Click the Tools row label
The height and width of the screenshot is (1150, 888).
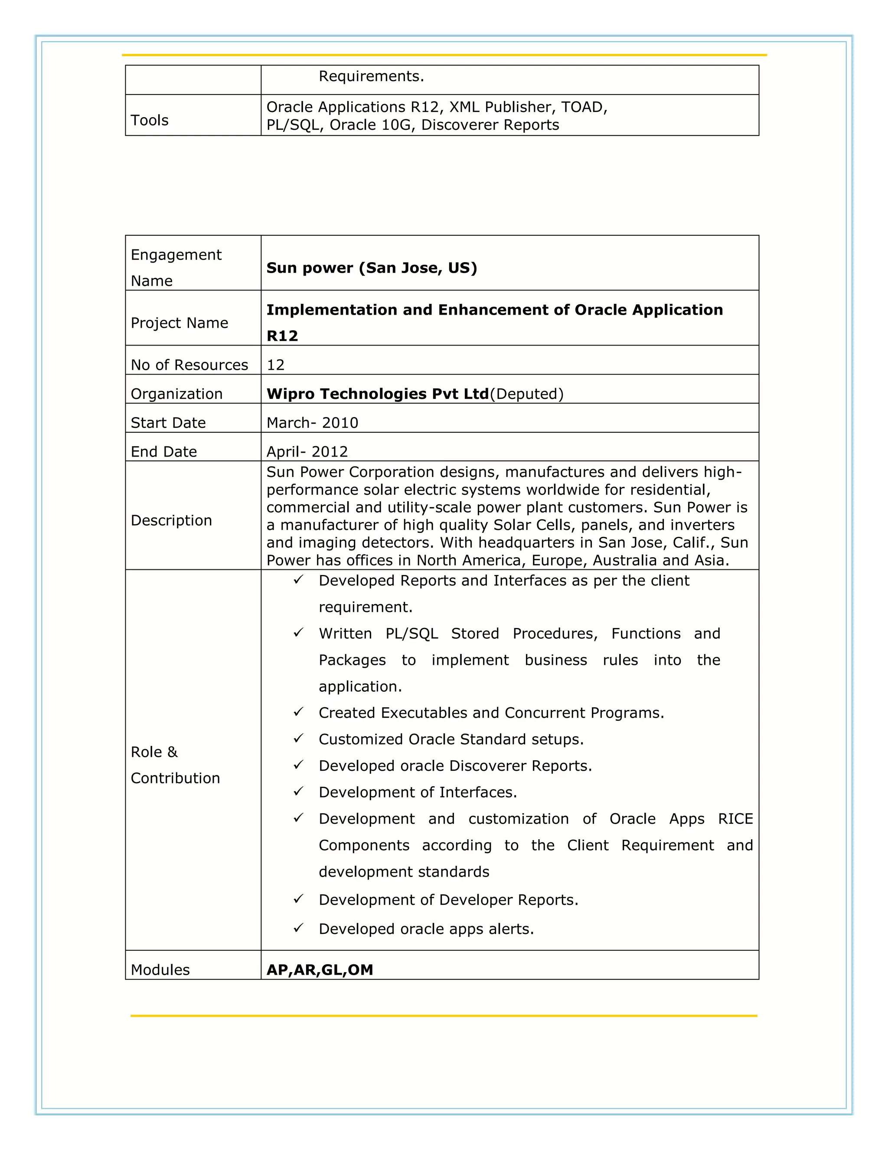(150, 121)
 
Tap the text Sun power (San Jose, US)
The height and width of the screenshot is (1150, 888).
(372, 268)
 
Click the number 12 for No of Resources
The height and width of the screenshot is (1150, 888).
(275, 365)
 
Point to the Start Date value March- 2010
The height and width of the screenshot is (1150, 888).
(312, 423)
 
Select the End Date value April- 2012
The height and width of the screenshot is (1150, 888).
(307, 452)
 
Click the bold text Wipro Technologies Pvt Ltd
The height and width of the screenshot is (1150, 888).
(377, 394)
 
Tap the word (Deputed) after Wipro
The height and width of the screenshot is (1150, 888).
(526, 394)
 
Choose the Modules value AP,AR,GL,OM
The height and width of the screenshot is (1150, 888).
(319, 970)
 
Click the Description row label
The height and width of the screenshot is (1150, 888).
(171, 520)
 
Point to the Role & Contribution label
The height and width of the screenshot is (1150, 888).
(175, 765)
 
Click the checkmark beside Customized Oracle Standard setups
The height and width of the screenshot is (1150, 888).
(298, 738)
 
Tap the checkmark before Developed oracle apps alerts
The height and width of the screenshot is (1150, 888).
(298, 928)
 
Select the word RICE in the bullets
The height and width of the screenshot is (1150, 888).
(735, 819)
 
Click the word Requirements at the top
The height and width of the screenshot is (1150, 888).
(371, 76)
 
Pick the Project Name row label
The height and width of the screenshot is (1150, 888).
(179, 323)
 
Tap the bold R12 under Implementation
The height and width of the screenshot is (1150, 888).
(282, 336)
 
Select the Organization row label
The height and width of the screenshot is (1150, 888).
(176, 394)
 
